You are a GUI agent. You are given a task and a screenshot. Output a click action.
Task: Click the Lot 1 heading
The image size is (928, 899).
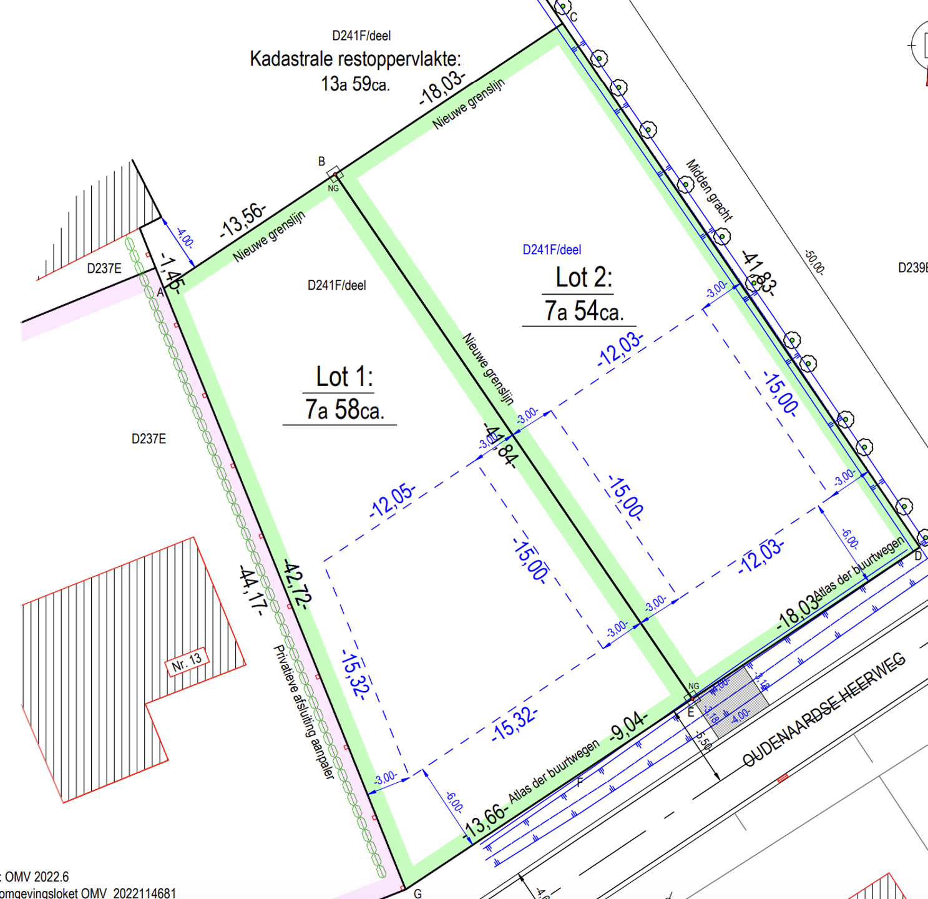(344, 377)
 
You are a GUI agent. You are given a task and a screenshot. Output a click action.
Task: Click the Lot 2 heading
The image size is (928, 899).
(584, 278)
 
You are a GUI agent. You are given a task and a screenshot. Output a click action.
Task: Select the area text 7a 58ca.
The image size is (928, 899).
(344, 410)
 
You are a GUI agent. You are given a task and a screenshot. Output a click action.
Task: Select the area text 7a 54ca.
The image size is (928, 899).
(584, 311)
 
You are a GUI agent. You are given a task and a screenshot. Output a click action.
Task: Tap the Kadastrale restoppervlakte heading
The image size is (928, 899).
(355, 59)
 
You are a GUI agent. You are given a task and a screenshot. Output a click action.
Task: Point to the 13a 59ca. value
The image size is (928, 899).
(355, 84)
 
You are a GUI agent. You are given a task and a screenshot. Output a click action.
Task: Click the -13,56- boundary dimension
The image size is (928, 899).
(243, 221)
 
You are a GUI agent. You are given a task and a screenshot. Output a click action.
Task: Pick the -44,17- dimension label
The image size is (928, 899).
(253, 590)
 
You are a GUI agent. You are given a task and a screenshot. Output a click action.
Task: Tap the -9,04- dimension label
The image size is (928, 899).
(628, 724)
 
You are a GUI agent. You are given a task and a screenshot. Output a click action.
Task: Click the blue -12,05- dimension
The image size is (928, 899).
(393, 499)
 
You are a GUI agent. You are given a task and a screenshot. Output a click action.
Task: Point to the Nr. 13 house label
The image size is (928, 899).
(187, 661)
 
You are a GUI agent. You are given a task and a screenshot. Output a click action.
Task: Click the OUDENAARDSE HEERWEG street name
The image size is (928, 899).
(823, 710)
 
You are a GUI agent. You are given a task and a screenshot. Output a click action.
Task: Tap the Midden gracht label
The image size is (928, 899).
(710, 190)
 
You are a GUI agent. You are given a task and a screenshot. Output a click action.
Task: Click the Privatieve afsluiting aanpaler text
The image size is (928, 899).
(305, 712)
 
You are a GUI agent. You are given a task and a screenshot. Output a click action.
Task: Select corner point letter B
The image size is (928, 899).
(321, 162)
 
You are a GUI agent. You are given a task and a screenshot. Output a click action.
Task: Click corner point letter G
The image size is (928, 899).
(418, 893)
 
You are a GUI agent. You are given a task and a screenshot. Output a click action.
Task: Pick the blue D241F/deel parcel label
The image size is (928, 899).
(552, 250)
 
